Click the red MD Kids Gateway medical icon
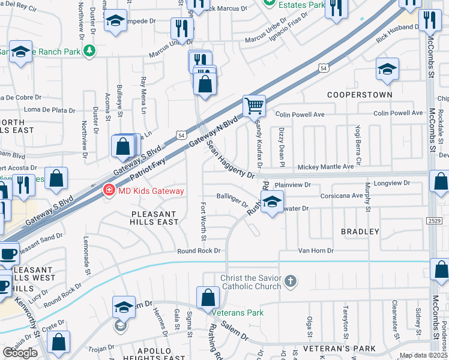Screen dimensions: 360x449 [109, 191]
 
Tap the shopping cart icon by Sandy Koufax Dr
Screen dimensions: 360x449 [254, 106]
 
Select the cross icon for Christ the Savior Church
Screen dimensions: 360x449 [290, 281]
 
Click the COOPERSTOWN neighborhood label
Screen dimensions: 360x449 [360, 95]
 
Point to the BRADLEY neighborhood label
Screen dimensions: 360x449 [360, 231]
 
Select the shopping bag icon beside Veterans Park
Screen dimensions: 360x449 [208, 298]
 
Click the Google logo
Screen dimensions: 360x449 [20, 353]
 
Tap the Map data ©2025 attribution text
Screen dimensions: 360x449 [423, 355]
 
